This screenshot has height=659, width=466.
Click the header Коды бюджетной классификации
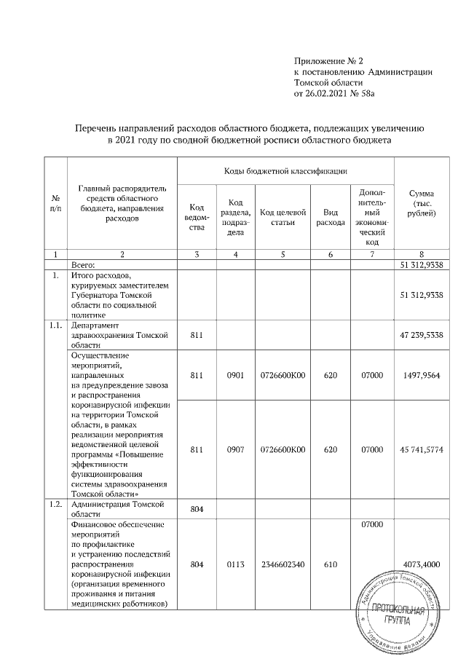tap(285, 170)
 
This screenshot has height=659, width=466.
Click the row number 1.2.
tap(55, 506)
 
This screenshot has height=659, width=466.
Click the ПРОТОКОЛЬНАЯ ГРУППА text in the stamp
tap(396, 615)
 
